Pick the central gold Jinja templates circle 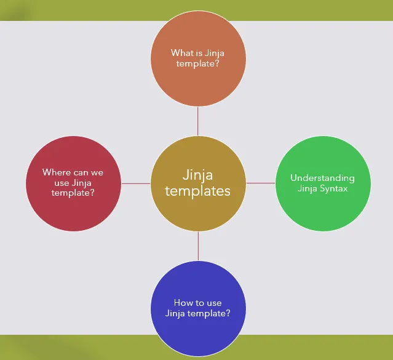tap(198, 183)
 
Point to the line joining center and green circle tap(260, 183)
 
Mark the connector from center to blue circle tap(198, 246)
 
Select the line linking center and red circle tap(136, 183)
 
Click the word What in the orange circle tap(182, 53)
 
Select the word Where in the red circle tap(57, 172)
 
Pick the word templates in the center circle tap(198, 191)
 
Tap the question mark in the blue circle tap(228, 313)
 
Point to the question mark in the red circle tap(92, 193)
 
